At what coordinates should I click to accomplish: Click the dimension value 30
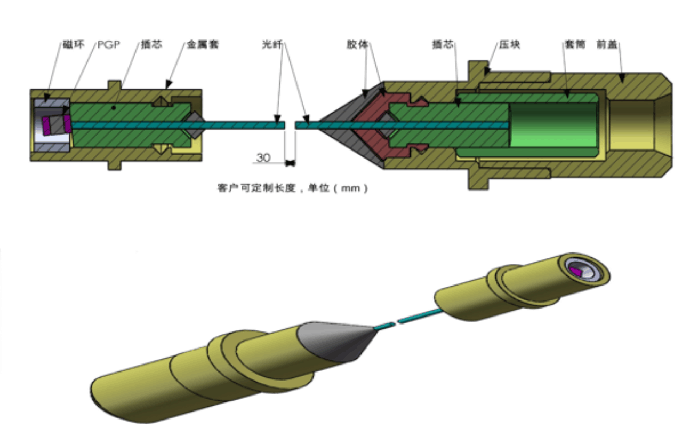click(263, 158)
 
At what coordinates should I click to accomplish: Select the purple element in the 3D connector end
click(576, 272)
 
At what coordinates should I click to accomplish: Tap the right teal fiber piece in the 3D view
click(420, 316)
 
